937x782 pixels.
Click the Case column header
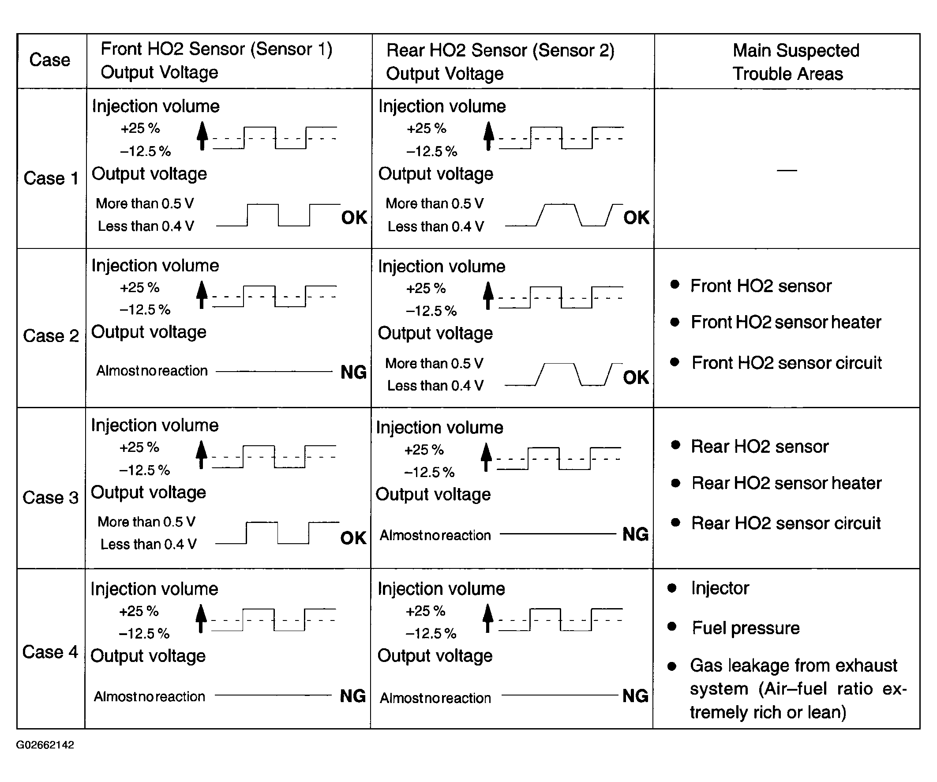pos(49,60)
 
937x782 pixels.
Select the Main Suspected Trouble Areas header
pos(788,62)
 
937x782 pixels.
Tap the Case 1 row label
pos(51,179)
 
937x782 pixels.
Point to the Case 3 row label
pos(50,498)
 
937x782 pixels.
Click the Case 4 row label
pos(50,652)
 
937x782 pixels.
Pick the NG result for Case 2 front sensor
pos(353,372)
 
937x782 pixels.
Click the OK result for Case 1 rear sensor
pos(636,218)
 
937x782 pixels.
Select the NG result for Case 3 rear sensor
pos(635,534)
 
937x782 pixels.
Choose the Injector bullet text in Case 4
pos(720,588)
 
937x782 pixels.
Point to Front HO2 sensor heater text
pos(786,322)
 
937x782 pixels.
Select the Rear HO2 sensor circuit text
pos(786,523)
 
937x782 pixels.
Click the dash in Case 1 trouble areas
pos(787,170)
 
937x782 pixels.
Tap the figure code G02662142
pos(45,745)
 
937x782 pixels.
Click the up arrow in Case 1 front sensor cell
pos(202,135)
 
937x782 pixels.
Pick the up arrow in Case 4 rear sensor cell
pos(488,618)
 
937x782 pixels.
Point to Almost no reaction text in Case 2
pos(152,371)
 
